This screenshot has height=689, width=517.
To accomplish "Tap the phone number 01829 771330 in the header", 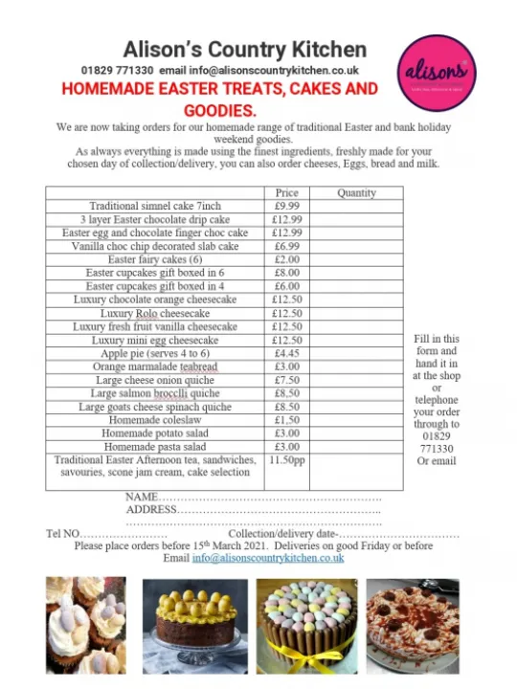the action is pos(117,71).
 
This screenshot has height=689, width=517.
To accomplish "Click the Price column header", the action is pos(286,192).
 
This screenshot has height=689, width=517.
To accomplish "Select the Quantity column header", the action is pos(356,192).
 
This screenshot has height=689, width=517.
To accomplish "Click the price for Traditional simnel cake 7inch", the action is pos(286,206).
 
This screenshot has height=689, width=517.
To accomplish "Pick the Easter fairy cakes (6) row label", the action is pos(155,259).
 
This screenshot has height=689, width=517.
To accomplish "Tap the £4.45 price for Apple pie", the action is pos(286,353).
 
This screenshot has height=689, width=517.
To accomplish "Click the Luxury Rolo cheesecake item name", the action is pos(155,313).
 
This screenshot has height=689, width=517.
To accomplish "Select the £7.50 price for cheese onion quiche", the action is pos(286,380).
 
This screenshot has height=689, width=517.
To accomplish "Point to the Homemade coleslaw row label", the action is pos(155,420).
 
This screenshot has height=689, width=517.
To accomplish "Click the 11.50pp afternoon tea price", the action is pos(286,460).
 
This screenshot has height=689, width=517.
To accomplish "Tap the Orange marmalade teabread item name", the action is pos(155,367).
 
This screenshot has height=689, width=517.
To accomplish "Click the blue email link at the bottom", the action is pos(267,558).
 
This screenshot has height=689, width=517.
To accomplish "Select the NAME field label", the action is pos(141,498).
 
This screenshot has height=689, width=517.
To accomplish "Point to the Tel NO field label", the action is pos(62,534).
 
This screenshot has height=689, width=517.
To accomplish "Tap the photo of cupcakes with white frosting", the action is pos(87,622).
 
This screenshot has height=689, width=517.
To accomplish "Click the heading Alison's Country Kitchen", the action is pos(244,49).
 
